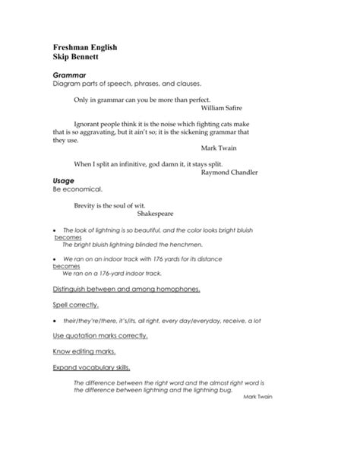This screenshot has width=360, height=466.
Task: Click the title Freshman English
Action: pos(84,47)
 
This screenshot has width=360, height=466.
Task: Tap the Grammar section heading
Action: pos(70,75)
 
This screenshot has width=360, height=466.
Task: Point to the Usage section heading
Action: pos(65,180)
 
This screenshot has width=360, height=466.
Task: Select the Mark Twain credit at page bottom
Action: pos(257,396)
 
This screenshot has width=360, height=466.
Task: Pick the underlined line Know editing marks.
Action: pos(84,351)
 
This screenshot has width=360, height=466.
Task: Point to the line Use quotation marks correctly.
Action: pos(100,335)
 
